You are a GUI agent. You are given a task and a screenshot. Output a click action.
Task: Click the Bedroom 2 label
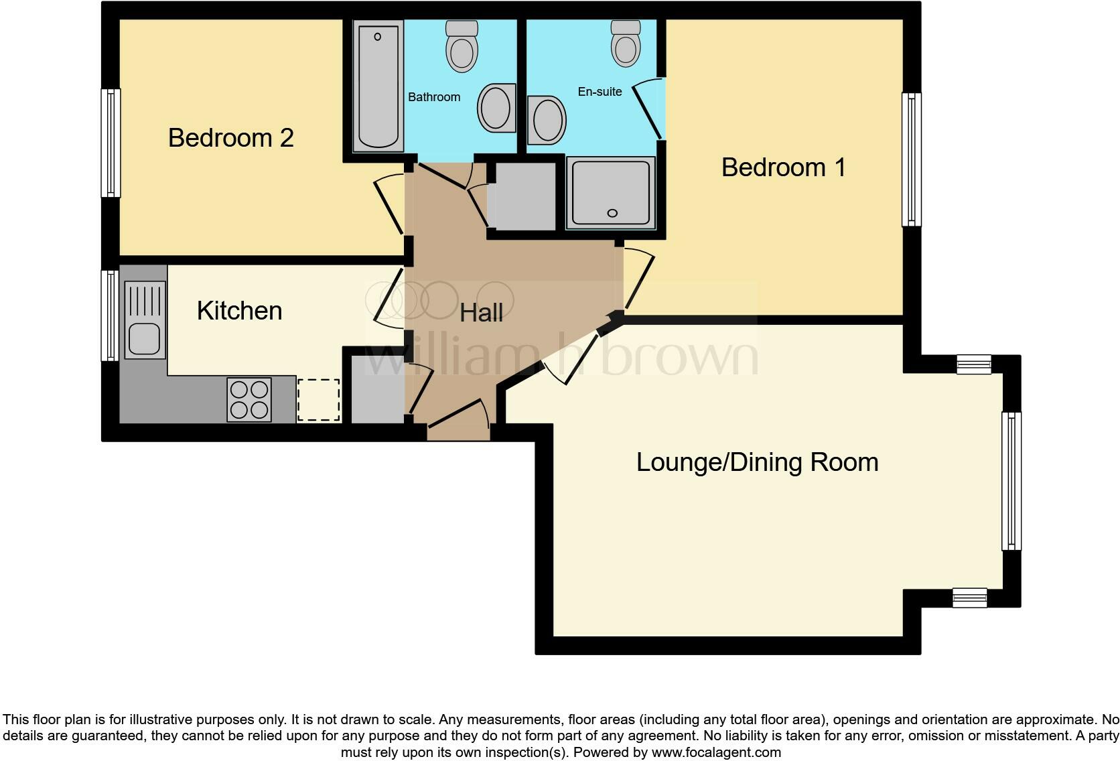(230, 138)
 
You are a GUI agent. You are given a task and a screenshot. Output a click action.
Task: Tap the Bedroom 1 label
(783, 167)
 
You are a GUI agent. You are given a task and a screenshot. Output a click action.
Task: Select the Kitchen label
(239, 311)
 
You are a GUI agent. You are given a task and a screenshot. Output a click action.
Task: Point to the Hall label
(481, 313)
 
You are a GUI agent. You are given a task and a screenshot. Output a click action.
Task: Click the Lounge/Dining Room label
(757, 462)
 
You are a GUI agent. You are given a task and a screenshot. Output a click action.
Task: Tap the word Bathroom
(434, 97)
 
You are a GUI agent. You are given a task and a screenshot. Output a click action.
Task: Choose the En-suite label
(600, 92)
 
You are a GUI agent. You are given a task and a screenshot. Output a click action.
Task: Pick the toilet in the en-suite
(626, 43)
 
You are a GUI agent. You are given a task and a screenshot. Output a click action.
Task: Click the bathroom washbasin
(496, 108)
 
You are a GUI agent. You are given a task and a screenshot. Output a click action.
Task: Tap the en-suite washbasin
(546, 121)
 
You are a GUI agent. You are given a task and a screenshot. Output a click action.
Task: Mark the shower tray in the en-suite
(610, 193)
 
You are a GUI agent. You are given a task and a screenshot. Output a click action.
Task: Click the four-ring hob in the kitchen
(249, 400)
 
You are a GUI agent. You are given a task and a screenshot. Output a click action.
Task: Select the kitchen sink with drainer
(145, 320)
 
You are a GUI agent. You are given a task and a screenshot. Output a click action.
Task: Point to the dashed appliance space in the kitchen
(318, 401)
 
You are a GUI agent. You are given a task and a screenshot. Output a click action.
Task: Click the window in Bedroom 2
(111, 143)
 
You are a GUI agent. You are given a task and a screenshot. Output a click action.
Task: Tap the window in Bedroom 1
(911, 159)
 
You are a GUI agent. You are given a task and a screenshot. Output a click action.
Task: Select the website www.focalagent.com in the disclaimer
(716, 752)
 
